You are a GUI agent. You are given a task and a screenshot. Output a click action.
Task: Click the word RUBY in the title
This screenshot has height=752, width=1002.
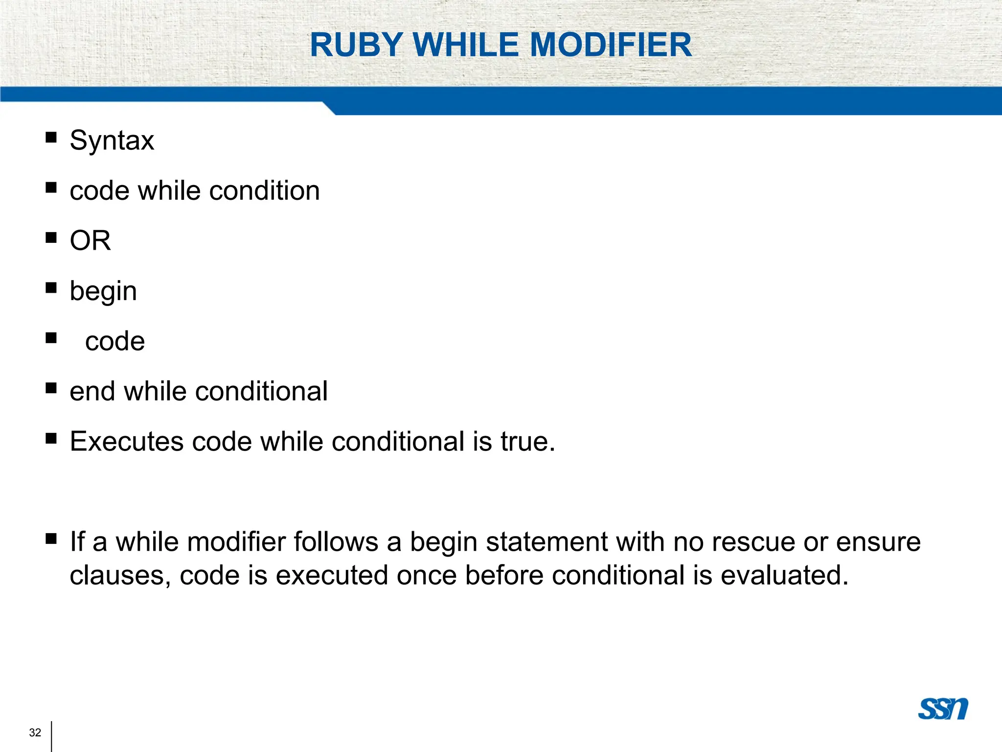(356, 45)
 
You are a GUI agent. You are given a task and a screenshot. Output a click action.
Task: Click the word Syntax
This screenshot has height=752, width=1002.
(112, 141)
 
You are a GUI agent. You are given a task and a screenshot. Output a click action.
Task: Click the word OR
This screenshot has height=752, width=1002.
(91, 241)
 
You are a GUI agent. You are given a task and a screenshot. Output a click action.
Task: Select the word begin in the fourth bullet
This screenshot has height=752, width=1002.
(103, 292)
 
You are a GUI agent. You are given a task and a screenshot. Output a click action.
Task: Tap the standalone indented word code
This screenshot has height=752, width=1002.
(115, 341)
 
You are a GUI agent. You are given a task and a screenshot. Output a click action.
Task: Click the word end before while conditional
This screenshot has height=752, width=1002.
(91, 392)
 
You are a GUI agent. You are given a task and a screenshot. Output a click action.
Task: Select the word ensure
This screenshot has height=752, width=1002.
(878, 542)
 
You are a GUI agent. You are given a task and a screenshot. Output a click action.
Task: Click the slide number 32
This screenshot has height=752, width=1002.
(35, 732)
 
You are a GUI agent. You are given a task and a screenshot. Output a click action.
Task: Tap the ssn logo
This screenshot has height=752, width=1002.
(943, 708)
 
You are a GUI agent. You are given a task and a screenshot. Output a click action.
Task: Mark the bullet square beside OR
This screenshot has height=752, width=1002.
(51, 237)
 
